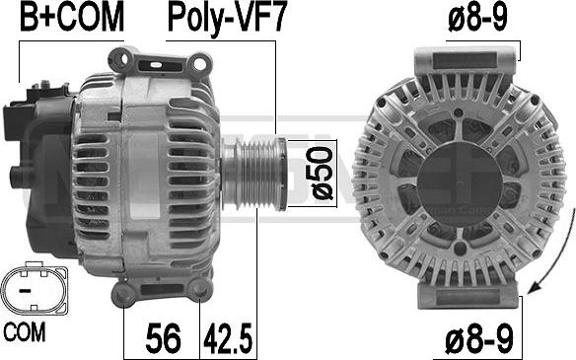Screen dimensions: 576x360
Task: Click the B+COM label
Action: [72, 18]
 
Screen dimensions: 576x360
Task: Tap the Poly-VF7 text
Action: [226, 19]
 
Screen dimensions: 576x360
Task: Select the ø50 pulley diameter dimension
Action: [319, 173]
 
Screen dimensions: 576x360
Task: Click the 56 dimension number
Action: [163, 338]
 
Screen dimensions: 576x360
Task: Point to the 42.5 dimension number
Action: [228, 338]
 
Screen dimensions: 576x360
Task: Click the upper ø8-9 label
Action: [477, 18]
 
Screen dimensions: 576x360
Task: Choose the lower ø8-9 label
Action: [478, 340]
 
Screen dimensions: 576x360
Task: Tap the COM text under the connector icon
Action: [25, 331]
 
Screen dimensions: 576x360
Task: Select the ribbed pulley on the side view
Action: [254, 174]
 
